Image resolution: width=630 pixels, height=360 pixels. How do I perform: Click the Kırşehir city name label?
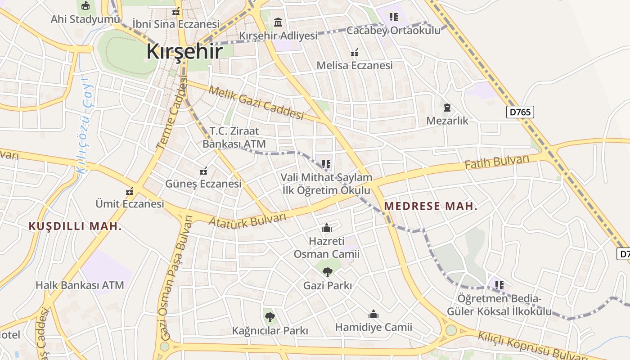click(184, 52)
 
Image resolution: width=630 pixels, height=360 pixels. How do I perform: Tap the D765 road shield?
click(520, 112)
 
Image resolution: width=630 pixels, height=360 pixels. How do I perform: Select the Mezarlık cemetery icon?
click(447, 108)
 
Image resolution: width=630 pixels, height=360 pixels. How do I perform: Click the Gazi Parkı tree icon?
click(328, 271)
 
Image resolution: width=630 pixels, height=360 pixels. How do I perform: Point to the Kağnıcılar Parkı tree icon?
click(270, 317)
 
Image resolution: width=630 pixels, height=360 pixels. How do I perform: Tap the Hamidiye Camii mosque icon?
click(373, 314)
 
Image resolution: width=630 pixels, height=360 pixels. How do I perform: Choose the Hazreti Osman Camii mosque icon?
click(327, 228)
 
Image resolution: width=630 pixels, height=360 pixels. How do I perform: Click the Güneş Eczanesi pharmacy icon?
click(203, 171)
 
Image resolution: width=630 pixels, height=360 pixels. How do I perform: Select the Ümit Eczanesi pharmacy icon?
click(130, 191)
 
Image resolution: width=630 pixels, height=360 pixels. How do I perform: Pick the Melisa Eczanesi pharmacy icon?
click(355, 53)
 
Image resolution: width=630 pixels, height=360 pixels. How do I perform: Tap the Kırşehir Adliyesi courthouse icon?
click(278, 22)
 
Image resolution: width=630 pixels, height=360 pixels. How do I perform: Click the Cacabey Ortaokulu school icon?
click(394, 17)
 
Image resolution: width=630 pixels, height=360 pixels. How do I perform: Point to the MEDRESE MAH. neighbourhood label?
click(431, 207)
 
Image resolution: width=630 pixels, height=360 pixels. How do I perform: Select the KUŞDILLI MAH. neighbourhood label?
click(75, 226)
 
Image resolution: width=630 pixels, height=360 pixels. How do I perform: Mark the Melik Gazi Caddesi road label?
click(256, 103)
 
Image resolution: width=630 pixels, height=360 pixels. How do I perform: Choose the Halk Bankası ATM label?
click(80, 285)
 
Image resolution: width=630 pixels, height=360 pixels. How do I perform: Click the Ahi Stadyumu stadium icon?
click(85, 6)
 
